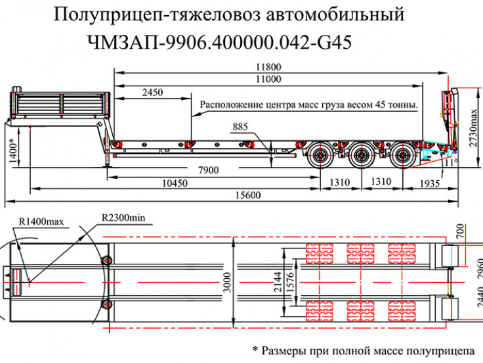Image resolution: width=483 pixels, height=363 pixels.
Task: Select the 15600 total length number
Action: [245, 195]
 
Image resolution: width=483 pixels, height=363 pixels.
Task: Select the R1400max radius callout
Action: [41, 222]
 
